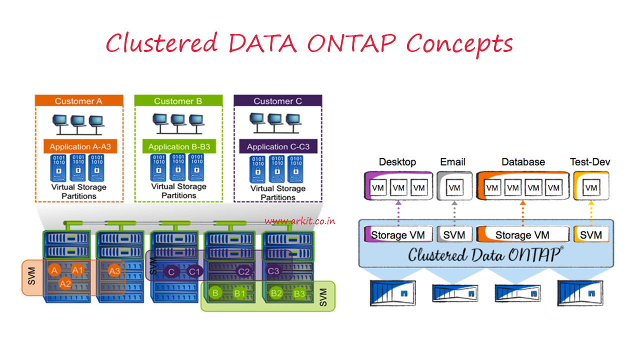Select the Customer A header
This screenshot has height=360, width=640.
78,101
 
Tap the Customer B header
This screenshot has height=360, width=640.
178,101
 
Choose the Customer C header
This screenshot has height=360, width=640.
277,101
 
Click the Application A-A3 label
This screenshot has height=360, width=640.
80,147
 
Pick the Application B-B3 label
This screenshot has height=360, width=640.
179,147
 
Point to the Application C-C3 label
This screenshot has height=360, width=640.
278,147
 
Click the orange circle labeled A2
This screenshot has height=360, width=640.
65,283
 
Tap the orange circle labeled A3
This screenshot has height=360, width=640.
114,271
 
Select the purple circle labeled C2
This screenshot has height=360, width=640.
243,271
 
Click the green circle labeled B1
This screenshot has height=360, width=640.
239,293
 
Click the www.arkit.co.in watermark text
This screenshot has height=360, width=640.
300,221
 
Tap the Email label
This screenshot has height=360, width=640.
453,162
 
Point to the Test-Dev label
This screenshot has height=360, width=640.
590,162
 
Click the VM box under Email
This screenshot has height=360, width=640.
454,188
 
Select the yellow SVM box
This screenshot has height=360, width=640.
591,234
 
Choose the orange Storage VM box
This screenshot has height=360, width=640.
522,234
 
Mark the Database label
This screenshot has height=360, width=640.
523,162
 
